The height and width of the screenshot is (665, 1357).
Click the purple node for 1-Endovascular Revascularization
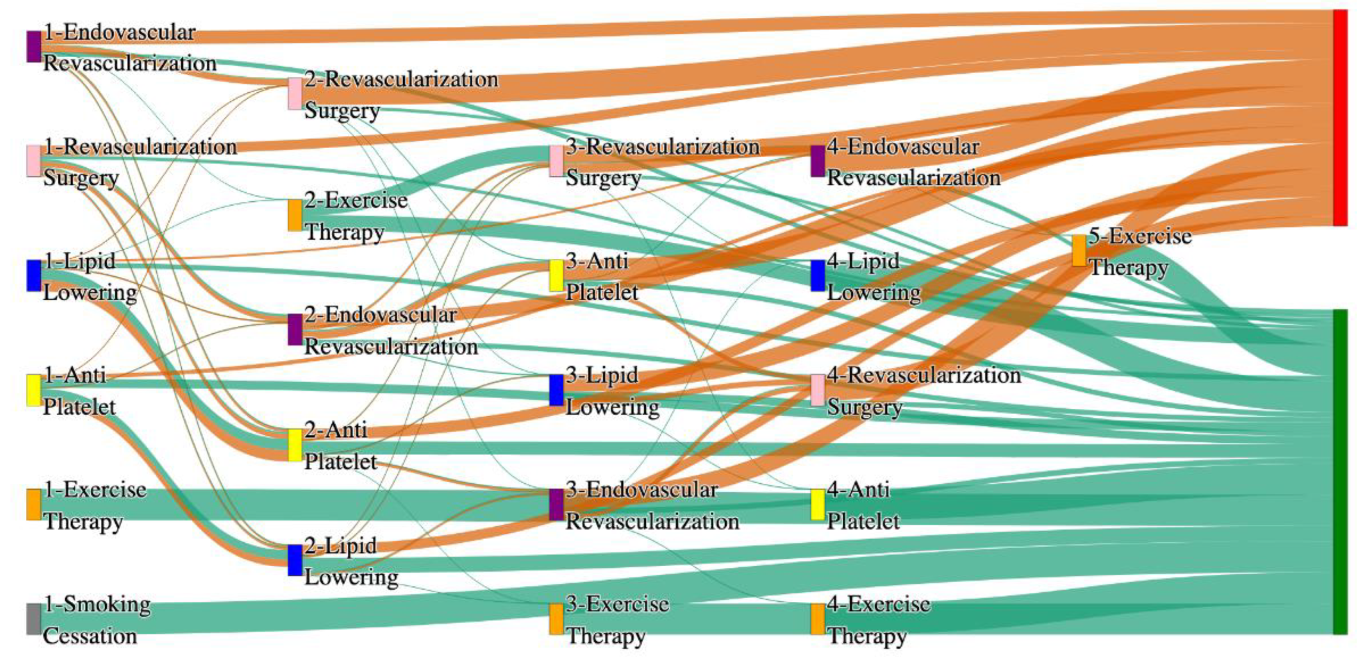tap(34, 46)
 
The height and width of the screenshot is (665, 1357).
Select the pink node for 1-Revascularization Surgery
tap(34, 160)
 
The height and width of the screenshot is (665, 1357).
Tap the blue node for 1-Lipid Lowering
tap(34, 275)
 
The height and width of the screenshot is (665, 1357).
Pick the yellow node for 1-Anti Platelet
tap(34, 390)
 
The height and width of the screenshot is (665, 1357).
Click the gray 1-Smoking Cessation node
tap(34, 619)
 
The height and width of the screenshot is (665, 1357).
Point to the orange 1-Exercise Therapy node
tap(34, 505)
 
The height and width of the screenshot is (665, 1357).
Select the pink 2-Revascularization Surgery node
tap(295, 94)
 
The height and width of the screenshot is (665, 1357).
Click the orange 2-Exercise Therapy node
tap(295, 215)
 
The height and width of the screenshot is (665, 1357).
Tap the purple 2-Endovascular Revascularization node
tap(295, 330)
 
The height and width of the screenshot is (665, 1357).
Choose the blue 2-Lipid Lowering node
tap(295, 560)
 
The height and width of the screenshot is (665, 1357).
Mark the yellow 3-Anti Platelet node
tap(556, 275)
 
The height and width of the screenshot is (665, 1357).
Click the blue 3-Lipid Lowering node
tap(556, 390)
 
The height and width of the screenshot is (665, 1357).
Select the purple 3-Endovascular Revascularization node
tap(556, 505)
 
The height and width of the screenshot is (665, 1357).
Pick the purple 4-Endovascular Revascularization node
tap(818, 161)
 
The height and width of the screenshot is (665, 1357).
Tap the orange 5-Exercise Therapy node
tap(1079, 251)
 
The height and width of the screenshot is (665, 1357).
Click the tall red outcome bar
tap(1340, 117)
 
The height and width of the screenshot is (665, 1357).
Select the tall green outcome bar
tap(1340, 472)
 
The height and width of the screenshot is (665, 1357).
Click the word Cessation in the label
tap(89, 636)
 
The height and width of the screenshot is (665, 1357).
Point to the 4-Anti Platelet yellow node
tap(818, 505)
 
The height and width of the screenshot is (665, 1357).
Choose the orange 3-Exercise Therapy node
tap(556, 619)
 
